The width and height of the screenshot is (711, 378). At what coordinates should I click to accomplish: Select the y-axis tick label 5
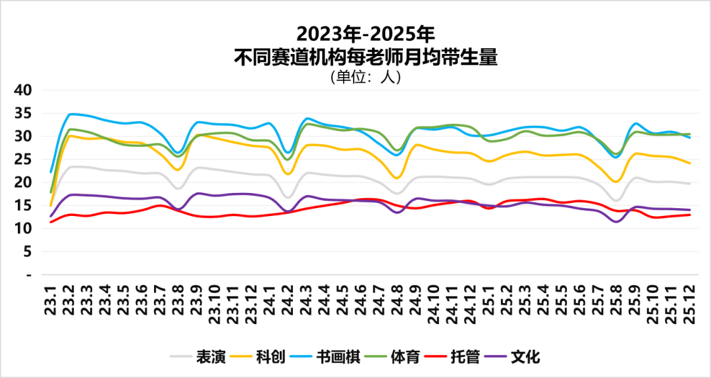pos(27,252)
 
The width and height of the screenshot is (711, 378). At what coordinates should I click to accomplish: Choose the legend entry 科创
pos(270,358)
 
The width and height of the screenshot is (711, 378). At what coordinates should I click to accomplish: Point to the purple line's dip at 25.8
pos(616,221)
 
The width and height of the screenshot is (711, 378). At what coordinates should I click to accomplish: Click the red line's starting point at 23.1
pos(51,221)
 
